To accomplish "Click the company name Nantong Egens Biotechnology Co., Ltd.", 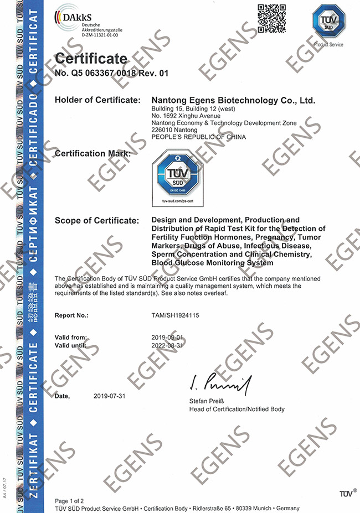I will coord(233,100).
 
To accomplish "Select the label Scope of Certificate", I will coord(96,221).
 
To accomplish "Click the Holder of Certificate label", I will coord(96,100).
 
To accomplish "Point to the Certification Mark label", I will coord(93,153).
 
